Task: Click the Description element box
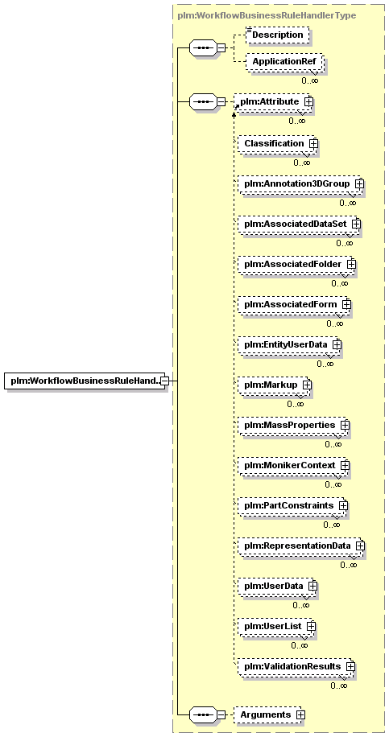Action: [x=278, y=35]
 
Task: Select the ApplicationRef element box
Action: [x=285, y=62]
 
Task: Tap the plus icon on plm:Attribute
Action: [x=308, y=101]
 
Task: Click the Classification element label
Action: [x=274, y=143]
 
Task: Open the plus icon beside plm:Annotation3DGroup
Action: [x=359, y=184]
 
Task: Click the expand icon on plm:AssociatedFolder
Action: [x=351, y=265]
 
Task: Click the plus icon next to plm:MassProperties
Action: [x=346, y=425]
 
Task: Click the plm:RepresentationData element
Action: [x=301, y=546]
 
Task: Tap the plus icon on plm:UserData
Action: [x=312, y=586]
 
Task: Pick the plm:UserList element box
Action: [x=276, y=627]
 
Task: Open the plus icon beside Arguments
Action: [x=301, y=714]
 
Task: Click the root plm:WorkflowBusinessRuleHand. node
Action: [x=86, y=381]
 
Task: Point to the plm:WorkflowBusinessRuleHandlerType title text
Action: [x=267, y=15]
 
